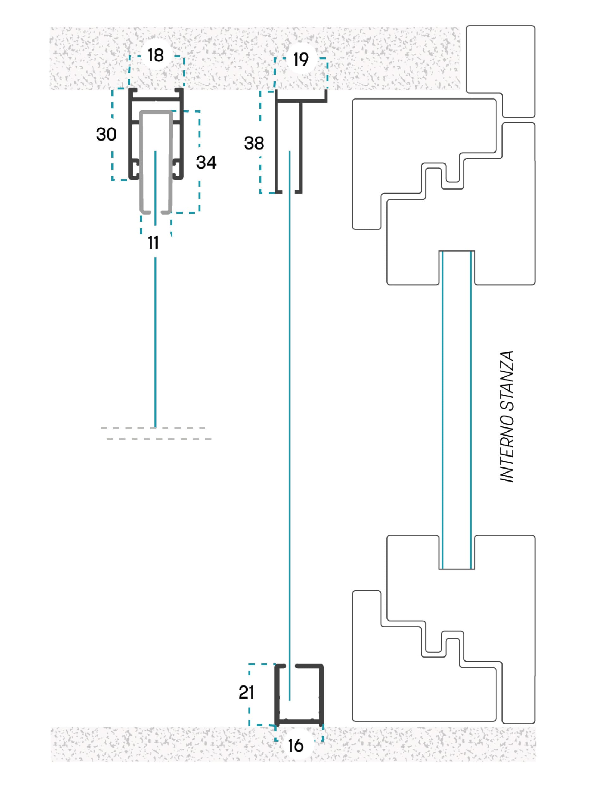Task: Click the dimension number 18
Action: click(x=156, y=55)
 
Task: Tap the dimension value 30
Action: click(x=106, y=135)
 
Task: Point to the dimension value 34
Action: click(x=206, y=162)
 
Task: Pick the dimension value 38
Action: click(x=254, y=143)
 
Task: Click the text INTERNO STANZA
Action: click(x=507, y=416)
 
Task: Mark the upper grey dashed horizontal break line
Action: click(x=153, y=428)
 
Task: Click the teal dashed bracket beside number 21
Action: click(x=249, y=695)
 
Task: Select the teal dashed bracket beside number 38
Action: click(x=260, y=142)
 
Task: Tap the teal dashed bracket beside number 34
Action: click(x=199, y=162)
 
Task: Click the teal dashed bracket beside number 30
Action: click(x=113, y=134)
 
